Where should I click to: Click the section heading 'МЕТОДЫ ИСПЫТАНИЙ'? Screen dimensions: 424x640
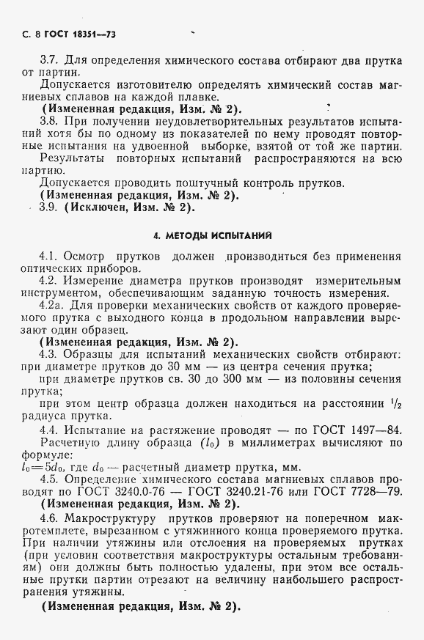click(212, 236)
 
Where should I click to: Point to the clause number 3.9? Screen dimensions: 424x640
click(49, 207)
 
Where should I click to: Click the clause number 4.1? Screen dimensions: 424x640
click(48, 258)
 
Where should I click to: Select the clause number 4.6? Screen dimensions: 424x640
click(48, 518)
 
